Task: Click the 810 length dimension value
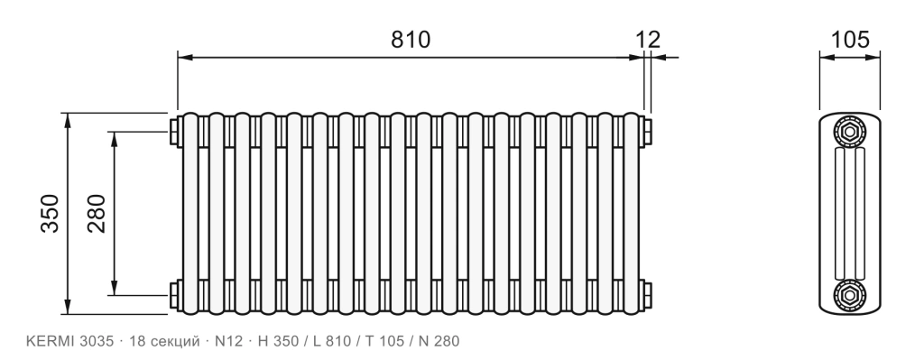[411, 40]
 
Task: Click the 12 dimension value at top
[648, 40]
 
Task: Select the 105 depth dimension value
[850, 40]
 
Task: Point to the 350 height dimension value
[51, 213]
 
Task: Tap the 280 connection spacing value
[97, 213]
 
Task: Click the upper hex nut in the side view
[849, 132]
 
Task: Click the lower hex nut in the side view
[849, 295]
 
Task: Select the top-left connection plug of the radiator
[175, 132]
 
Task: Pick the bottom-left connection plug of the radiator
[175, 295]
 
